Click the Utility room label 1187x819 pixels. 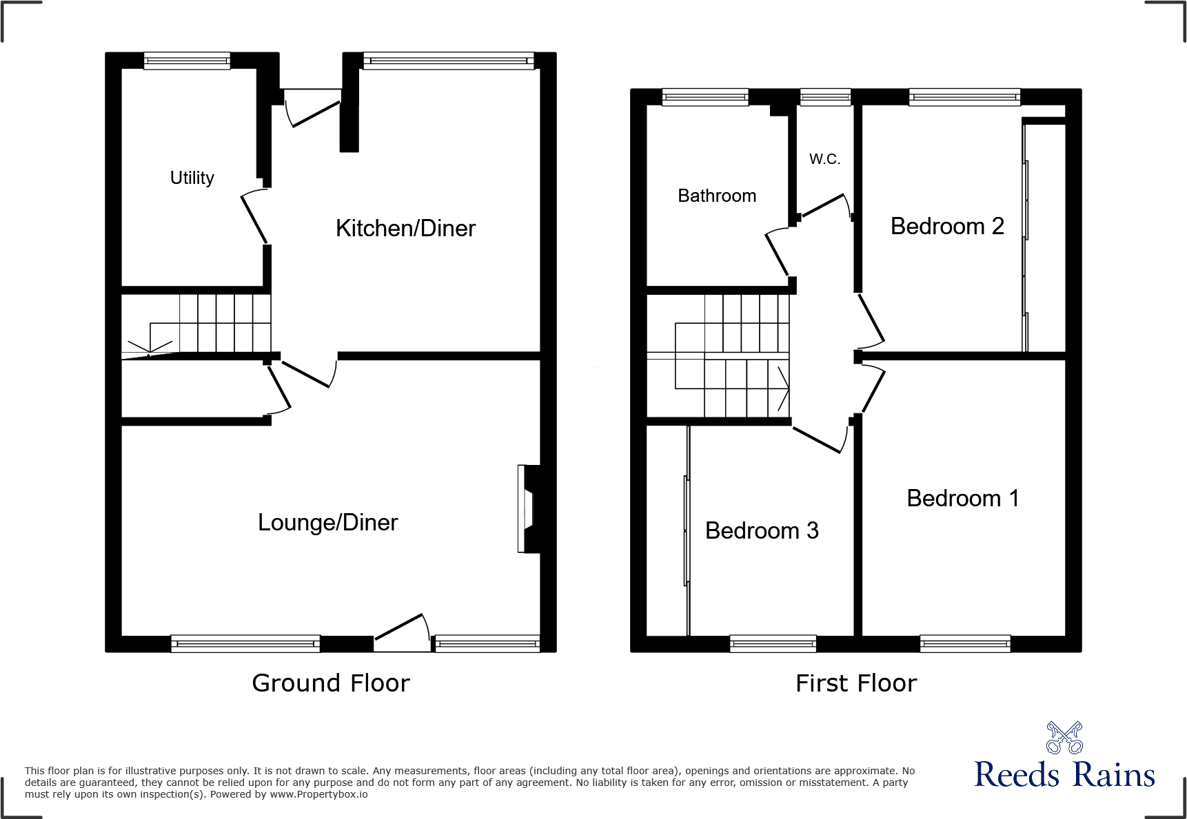pos(192,178)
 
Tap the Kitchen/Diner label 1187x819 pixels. pos(405,228)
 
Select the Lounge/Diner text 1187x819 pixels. pos(327,523)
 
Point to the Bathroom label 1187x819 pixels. pos(717,196)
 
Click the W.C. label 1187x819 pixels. pos(824,159)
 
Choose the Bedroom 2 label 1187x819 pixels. pos(947,226)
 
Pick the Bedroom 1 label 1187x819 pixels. pos(962,498)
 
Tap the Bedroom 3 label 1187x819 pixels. pos(762,530)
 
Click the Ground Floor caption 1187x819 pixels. pos(331,683)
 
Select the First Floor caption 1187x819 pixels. pos(856,683)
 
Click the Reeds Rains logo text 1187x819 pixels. pos(1064,775)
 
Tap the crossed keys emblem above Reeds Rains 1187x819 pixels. pos(1064,738)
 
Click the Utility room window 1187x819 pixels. pos(187,61)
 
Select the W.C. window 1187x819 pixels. pos(825,97)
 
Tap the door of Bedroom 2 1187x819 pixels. pos(871,320)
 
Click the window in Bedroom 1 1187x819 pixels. pos(965,645)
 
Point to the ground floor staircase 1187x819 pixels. pos(214,323)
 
